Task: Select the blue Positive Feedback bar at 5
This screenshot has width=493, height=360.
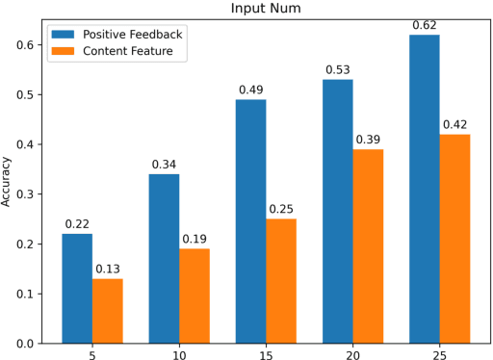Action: [x=78, y=288]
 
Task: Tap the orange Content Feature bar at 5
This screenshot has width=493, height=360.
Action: [x=108, y=310]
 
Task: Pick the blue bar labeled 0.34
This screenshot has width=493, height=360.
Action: [x=165, y=258]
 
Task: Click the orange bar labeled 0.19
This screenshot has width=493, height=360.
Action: [x=195, y=296]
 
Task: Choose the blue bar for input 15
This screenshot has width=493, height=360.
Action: [x=251, y=220]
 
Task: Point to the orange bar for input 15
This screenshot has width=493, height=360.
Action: [x=281, y=280]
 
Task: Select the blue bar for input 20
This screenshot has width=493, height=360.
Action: [x=337, y=211]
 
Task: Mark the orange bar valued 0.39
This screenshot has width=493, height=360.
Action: [x=367, y=245]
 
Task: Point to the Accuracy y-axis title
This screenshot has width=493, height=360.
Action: [x=9, y=182]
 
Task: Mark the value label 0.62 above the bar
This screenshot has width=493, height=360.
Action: [x=424, y=24]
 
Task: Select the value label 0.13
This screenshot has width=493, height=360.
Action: [x=108, y=269]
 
